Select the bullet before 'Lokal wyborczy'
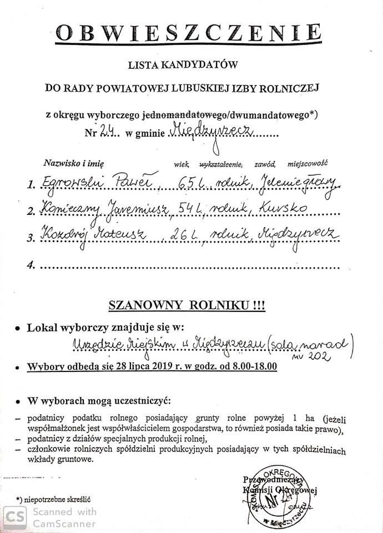coord(19,329)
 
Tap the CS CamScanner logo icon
coord(13,517)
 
